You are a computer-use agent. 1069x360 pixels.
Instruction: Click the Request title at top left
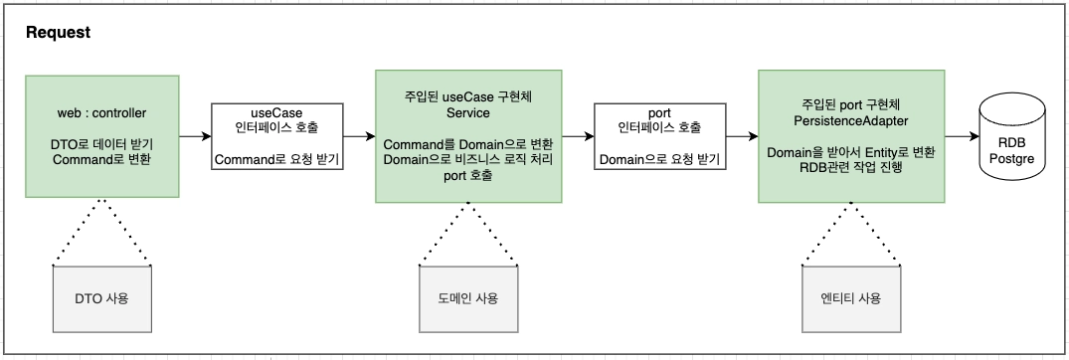click(58, 33)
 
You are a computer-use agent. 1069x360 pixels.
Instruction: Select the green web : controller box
click(103, 135)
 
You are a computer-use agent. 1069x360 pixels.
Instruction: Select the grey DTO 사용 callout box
click(103, 298)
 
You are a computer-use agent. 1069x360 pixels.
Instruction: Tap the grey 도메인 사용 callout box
click(468, 298)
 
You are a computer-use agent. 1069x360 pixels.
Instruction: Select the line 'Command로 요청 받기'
click(277, 158)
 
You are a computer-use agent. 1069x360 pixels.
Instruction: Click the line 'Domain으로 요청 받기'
click(659, 158)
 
